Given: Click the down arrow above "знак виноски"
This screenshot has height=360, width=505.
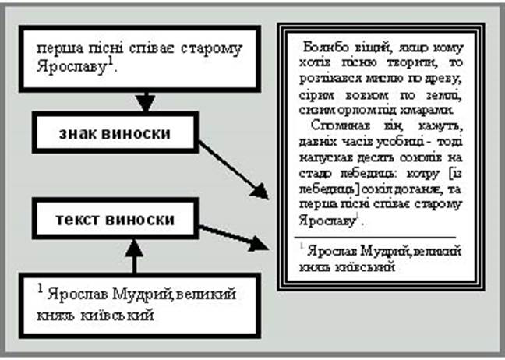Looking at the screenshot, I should [x=145, y=101].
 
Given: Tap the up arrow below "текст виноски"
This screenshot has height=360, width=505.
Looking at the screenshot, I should [x=136, y=253].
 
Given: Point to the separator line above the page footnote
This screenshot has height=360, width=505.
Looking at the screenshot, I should [x=374, y=236].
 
